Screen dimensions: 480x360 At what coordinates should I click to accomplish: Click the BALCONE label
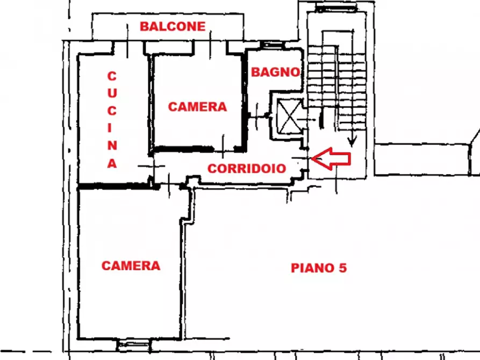point(173,26)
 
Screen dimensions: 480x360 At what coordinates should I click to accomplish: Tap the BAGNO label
point(276,72)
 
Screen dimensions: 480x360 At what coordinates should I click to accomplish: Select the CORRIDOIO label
point(247,168)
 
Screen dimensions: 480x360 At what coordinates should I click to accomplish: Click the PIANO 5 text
point(319,268)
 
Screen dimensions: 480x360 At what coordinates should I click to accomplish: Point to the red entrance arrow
point(331,159)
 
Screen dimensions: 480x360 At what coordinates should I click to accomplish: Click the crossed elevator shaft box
point(289,116)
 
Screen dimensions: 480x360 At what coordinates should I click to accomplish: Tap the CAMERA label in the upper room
point(197,107)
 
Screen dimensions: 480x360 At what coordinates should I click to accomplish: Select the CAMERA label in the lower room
point(131,266)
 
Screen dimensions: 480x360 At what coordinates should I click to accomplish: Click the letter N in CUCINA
point(112,146)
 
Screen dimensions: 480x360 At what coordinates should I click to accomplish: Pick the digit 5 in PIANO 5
point(343,268)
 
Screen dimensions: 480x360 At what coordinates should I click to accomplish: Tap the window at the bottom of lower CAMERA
point(134,345)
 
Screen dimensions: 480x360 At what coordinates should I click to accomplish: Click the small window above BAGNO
point(273,45)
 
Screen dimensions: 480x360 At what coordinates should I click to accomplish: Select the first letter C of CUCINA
point(112,76)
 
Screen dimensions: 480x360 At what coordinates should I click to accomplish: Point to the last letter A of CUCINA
point(112,163)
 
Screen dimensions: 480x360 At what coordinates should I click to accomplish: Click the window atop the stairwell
point(336,8)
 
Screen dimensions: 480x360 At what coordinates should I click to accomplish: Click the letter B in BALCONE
point(145,26)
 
